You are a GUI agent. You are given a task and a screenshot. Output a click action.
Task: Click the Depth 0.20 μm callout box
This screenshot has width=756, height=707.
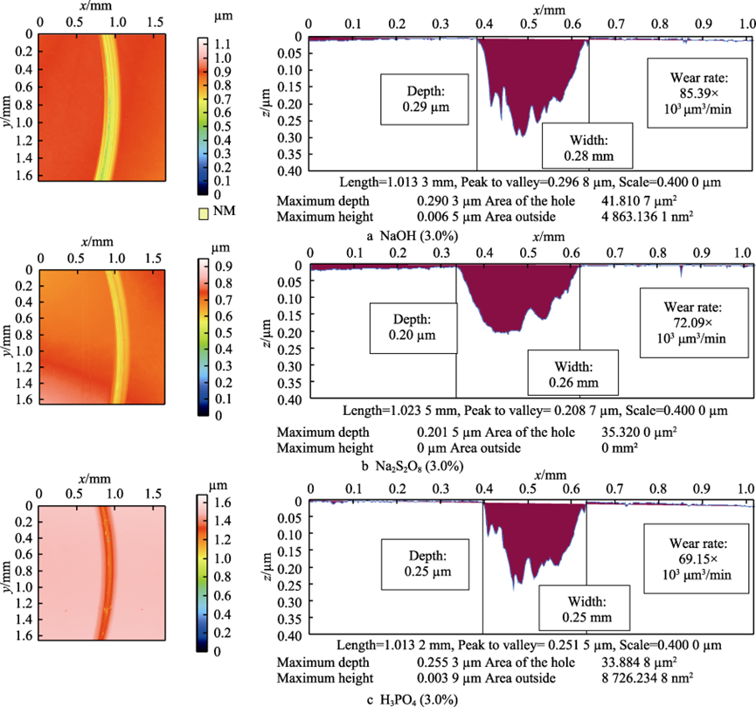413,328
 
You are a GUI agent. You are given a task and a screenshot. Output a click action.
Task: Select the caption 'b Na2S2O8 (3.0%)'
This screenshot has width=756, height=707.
415,465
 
